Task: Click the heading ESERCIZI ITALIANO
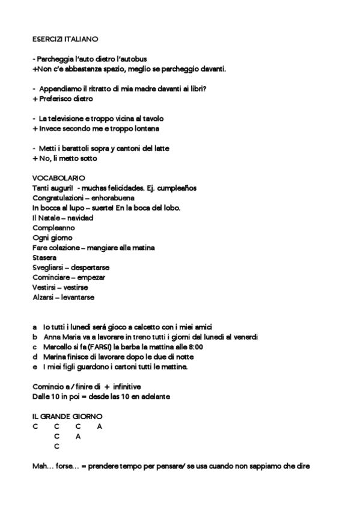tap(65, 38)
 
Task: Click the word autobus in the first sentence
tap(134, 59)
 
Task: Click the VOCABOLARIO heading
tap(58, 178)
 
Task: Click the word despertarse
tap(87, 267)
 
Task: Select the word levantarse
tap(76, 297)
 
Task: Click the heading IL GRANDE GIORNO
tap(67, 416)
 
